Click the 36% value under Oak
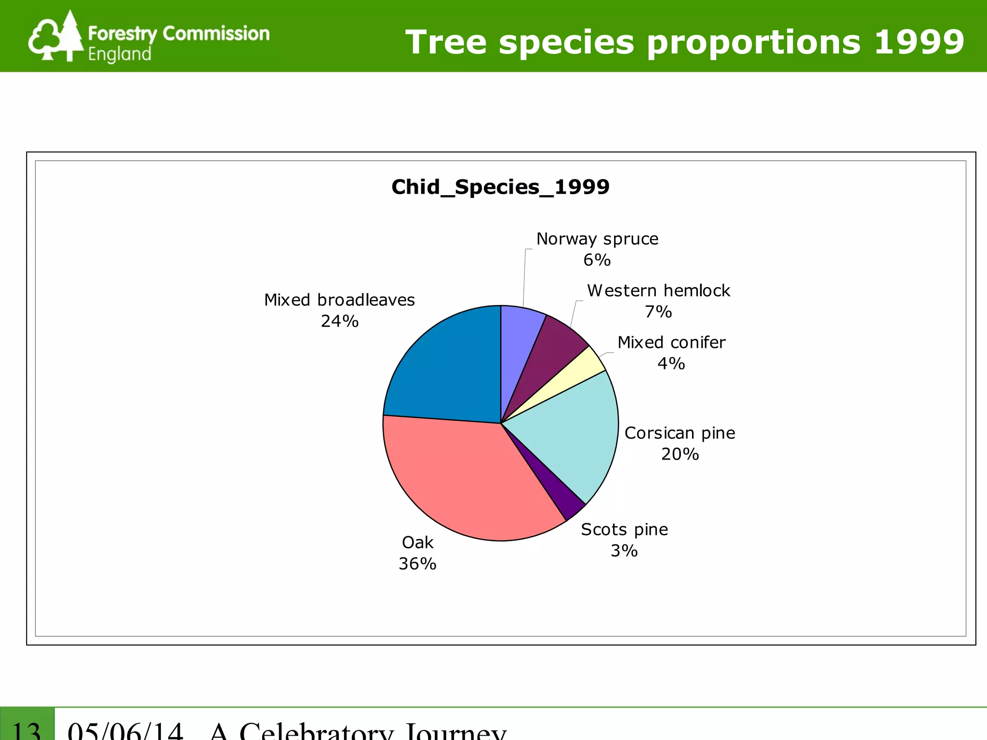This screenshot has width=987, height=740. [417, 564]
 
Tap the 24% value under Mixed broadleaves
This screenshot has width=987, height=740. [340, 321]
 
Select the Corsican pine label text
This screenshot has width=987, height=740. [680, 433]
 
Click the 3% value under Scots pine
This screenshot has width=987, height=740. [624, 551]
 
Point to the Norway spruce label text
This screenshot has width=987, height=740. [597, 239]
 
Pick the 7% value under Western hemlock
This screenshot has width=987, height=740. [658, 312]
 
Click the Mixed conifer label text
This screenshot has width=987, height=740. [671, 343]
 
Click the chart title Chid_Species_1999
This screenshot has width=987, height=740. [500, 187]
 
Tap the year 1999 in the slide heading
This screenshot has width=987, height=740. [919, 42]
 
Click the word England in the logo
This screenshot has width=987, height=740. [120, 54]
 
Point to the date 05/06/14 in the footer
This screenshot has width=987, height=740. [125, 730]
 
